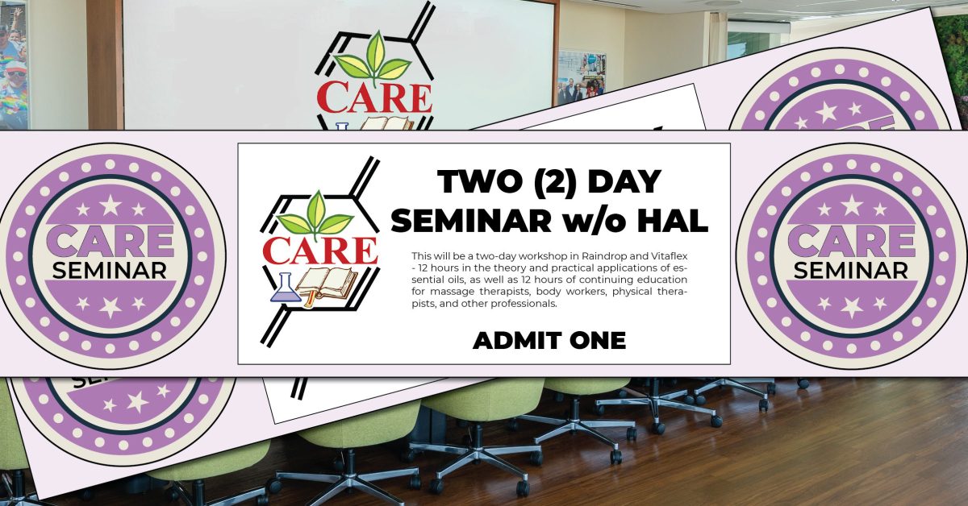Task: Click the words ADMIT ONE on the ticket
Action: click(x=549, y=341)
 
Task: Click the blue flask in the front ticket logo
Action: click(x=286, y=288)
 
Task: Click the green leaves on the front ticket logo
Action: click(x=315, y=214)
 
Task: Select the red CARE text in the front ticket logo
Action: click(x=320, y=251)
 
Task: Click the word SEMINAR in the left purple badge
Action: click(x=110, y=272)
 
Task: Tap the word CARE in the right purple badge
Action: click(x=851, y=241)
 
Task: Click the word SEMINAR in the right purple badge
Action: click(x=851, y=272)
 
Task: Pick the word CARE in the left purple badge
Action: click(x=110, y=241)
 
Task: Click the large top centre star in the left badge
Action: click(x=111, y=205)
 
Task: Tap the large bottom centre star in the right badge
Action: click(x=852, y=307)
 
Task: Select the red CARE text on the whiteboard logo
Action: click(x=374, y=98)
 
